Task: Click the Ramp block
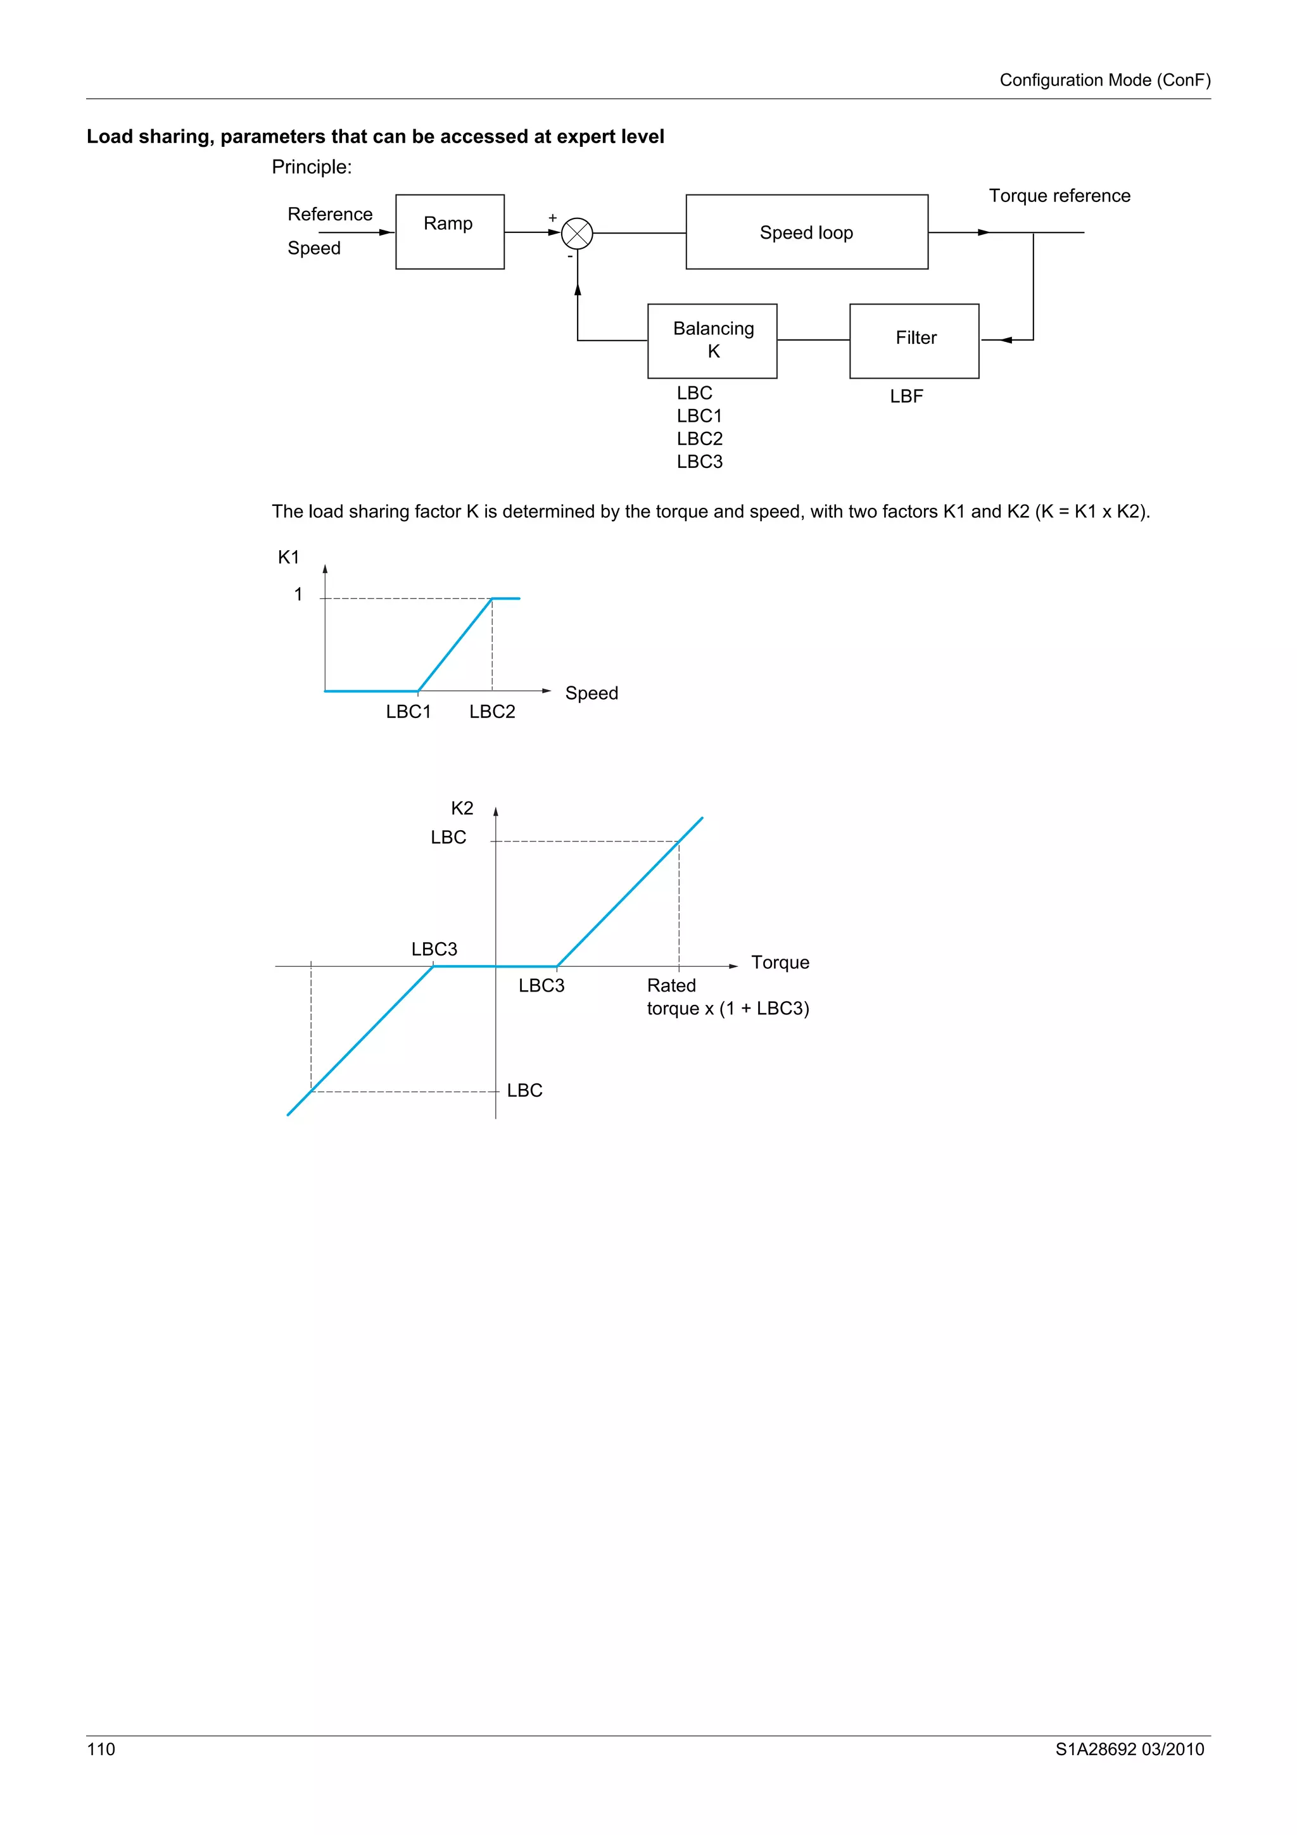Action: [x=449, y=232]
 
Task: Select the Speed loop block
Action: [x=806, y=232]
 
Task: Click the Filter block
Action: [x=914, y=341]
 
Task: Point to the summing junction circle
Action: [x=577, y=234]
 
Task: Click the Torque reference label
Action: [x=1059, y=196]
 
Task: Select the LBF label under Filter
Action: [x=906, y=396]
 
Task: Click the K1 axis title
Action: [x=289, y=557]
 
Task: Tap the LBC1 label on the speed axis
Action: [x=408, y=711]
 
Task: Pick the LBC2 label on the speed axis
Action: [x=492, y=711]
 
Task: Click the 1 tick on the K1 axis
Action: [x=298, y=594]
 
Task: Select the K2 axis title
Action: [x=462, y=808]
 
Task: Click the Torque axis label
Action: [x=780, y=962]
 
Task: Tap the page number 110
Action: [x=101, y=1749]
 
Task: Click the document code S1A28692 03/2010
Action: [x=1129, y=1749]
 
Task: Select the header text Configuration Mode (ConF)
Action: [x=1104, y=80]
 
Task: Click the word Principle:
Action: [x=312, y=167]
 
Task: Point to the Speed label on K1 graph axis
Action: [x=592, y=693]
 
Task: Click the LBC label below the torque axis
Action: [x=524, y=1090]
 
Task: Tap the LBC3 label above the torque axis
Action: [x=434, y=949]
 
